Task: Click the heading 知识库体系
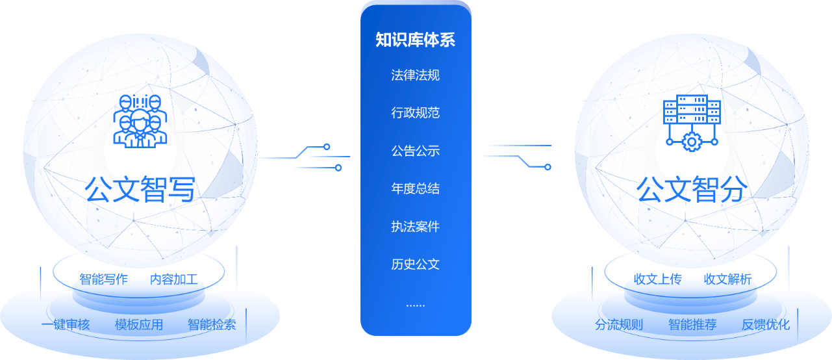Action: pos(415,40)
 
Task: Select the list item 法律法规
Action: pos(415,75)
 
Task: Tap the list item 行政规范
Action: pos(415,113)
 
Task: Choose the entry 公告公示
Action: pos(415,151)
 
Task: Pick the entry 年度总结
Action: pos(415,188)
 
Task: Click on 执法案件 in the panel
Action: pos(415,227)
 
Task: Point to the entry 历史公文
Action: pos(415,264)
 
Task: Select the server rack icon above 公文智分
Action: pos(691,111)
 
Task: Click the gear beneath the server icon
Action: pos(691,141)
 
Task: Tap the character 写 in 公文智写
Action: pos(181,189)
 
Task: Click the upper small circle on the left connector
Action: pos(327,147)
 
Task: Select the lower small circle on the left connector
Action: pos(338,168)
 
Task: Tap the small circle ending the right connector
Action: pos(548,167)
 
